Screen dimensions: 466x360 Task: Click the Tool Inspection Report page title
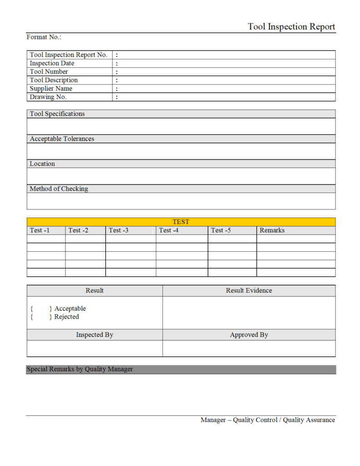[x=291, y=26]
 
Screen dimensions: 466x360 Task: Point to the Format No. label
[x=44, y=37]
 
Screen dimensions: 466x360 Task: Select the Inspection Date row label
[x=52, y=63]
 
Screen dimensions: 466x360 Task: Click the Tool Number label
[x=49, y=71]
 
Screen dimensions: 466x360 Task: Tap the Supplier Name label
[x=51, y=88]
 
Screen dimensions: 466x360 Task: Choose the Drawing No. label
[x=48, y=97]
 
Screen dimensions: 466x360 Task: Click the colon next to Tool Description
[x=117, y=80]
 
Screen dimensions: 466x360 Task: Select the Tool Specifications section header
[x=57, y=114]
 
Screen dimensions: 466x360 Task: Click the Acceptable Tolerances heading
[x=62, y=139]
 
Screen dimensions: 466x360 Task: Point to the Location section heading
[x=42, y=164]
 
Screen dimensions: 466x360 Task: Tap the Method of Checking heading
[x=59, y=188]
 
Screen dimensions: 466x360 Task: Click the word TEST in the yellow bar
[x=181, y=222]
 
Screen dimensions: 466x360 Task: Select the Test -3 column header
[x=119, y=230]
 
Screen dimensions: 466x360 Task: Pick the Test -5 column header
[x=221, y=230]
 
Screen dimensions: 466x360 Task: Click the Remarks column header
[x=272, y=230]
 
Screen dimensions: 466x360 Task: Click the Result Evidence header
[x=249, y=290]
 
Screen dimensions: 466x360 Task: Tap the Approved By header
[x=249, y=335]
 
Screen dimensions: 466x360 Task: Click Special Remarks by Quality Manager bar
[x=80, y=369]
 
